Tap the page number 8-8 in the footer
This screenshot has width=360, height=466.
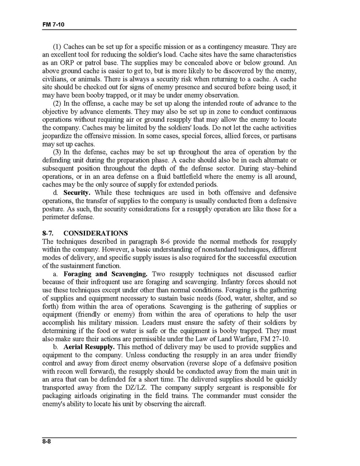point(49,442)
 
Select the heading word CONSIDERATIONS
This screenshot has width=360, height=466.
point(95,234)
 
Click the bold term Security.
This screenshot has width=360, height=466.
point(76,193)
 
